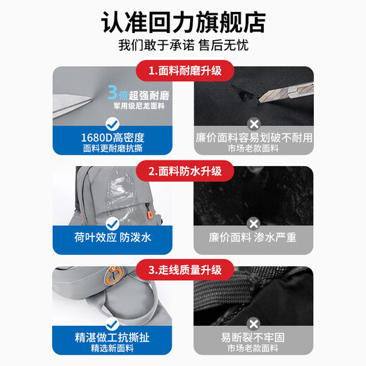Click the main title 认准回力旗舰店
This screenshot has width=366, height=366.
point(183,22)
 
